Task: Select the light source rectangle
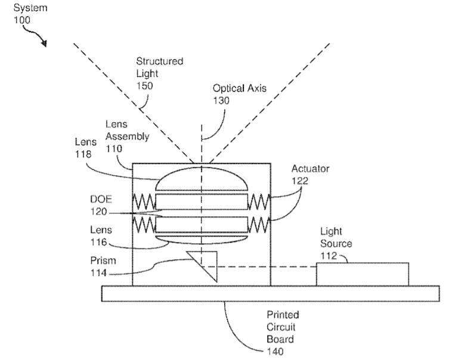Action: point(363,274)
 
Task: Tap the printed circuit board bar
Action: point(270,293)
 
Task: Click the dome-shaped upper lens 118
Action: point(202,179)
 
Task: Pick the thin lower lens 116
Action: point(202,240)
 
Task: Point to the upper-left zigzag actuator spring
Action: point(144,201)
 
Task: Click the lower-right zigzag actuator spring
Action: point(259,225)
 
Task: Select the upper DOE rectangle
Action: point(202,201)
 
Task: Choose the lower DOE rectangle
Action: point(202,225)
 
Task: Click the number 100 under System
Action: point(22,20)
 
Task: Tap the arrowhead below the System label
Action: point(44,44)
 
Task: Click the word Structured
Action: point(159,61)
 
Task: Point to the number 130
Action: point(221,100)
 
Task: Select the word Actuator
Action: point(310,169)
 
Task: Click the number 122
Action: point(300,181)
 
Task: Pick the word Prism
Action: point(103,260)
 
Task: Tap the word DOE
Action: point(101,199)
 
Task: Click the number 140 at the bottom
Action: point(275,351)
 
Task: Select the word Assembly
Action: point(128,136)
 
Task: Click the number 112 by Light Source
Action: point(329,256)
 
